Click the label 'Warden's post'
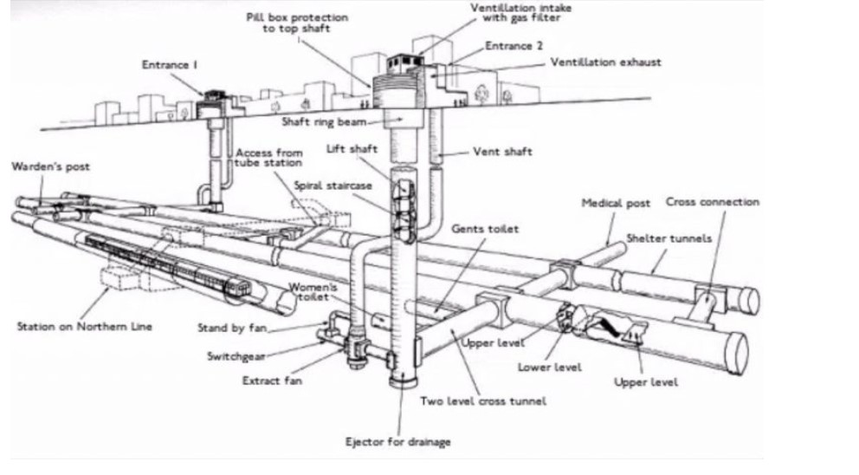coord(51,166)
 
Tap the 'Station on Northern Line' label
coord(84,326)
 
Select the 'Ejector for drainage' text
coord(398,442)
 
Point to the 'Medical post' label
coord(615,204)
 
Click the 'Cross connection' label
coord(712,202)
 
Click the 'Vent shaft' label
coord(502,152)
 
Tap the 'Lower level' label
coord(550,366)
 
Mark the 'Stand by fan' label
coord(228,328)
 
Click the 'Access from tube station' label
coord(269,157)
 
